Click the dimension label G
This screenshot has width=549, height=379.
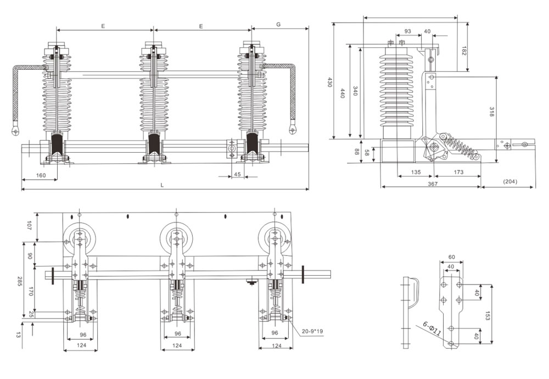pos(279,25)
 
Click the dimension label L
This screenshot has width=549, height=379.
pos(163,185)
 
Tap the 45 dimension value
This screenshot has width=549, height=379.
pos(237,175)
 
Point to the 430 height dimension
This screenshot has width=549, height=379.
pos(330,82)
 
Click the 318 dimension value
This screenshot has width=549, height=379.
pos(492,113)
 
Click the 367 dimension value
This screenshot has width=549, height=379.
pos(432,184)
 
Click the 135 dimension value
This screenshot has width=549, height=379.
pos(416,172)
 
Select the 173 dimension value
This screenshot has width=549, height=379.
pos(459,172)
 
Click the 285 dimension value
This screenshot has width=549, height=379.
pos(19,283)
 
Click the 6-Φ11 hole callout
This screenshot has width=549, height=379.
pos(432,328)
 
